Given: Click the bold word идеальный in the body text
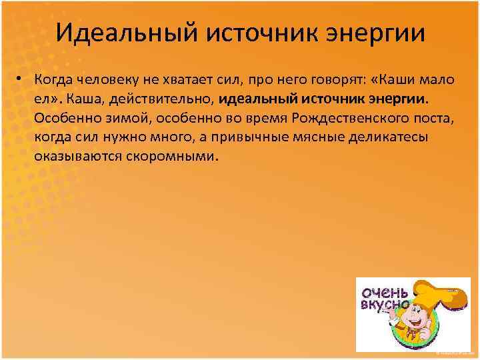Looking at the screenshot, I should pyautogui.click(x=247, y=99).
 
